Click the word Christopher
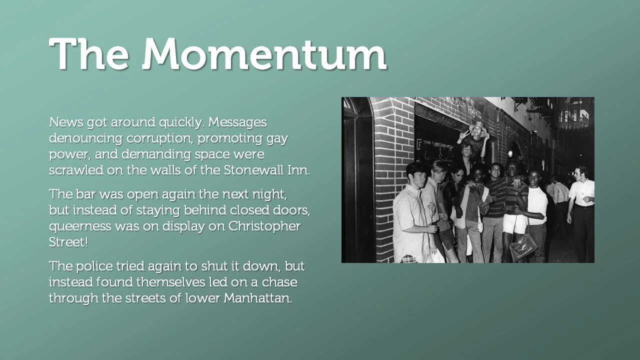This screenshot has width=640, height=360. click(264, 226)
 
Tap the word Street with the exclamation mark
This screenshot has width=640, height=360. click(67, 242)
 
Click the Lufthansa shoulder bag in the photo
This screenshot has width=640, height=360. click(523, 245)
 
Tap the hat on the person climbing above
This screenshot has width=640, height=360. click(477, 125)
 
